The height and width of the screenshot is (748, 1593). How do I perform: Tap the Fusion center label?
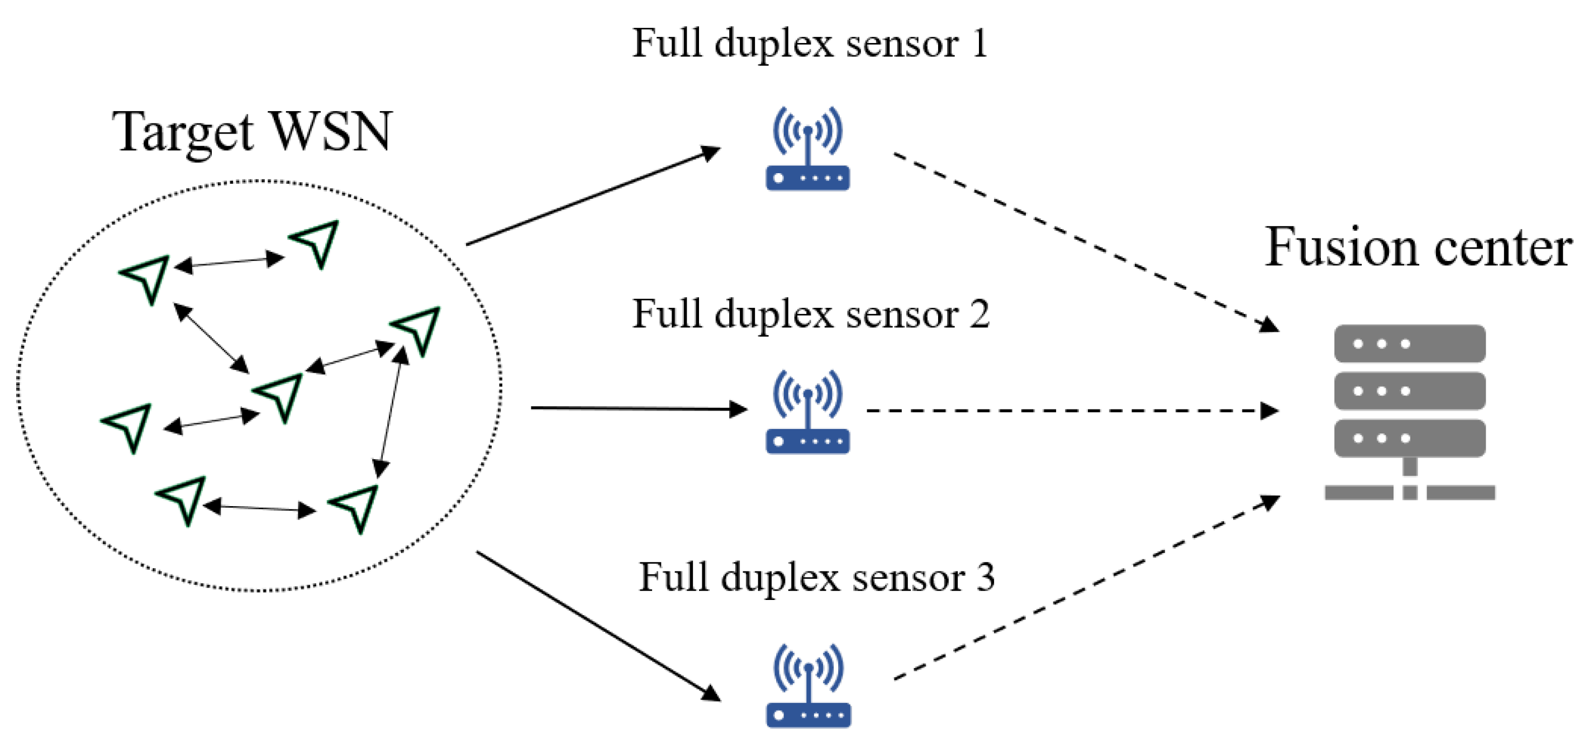(1418, 247)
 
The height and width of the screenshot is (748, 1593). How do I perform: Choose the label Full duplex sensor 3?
(816, 578)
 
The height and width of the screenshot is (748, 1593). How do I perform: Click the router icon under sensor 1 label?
(807, 150)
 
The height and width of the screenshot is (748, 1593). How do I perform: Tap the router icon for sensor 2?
(807, 412)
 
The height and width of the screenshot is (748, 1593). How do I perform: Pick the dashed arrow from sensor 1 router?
(1082, 241)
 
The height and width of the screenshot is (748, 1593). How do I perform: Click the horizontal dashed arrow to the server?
(1070, 411)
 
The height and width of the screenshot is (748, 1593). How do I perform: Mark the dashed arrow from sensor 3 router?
(1082, 590)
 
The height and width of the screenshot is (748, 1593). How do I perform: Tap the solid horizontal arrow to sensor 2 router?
(637, 408)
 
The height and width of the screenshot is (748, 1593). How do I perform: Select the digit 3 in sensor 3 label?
(985, 578)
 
